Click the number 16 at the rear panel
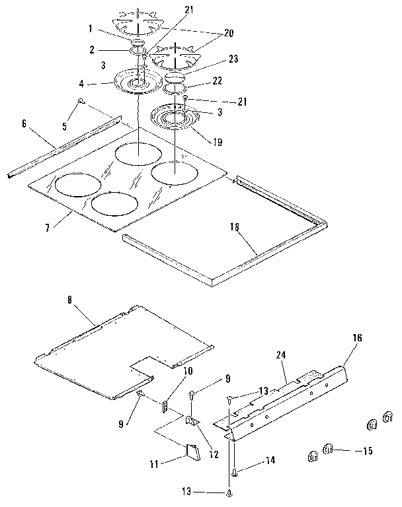[357, 337]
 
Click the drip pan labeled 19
[175, 120]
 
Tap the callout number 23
[215, 58]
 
